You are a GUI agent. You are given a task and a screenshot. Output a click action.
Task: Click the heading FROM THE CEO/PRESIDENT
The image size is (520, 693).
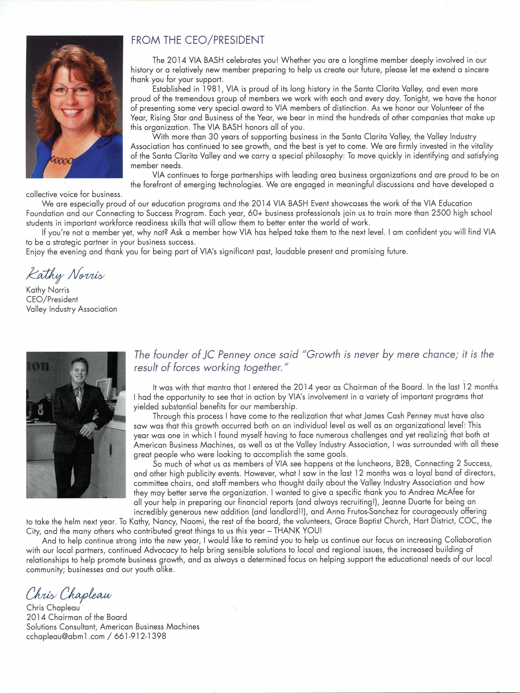[x=197, y=40]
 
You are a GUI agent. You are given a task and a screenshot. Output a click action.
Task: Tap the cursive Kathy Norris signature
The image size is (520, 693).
[x=65, y=275]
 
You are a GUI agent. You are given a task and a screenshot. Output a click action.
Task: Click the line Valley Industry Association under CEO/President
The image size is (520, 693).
[x=71, y=309]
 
